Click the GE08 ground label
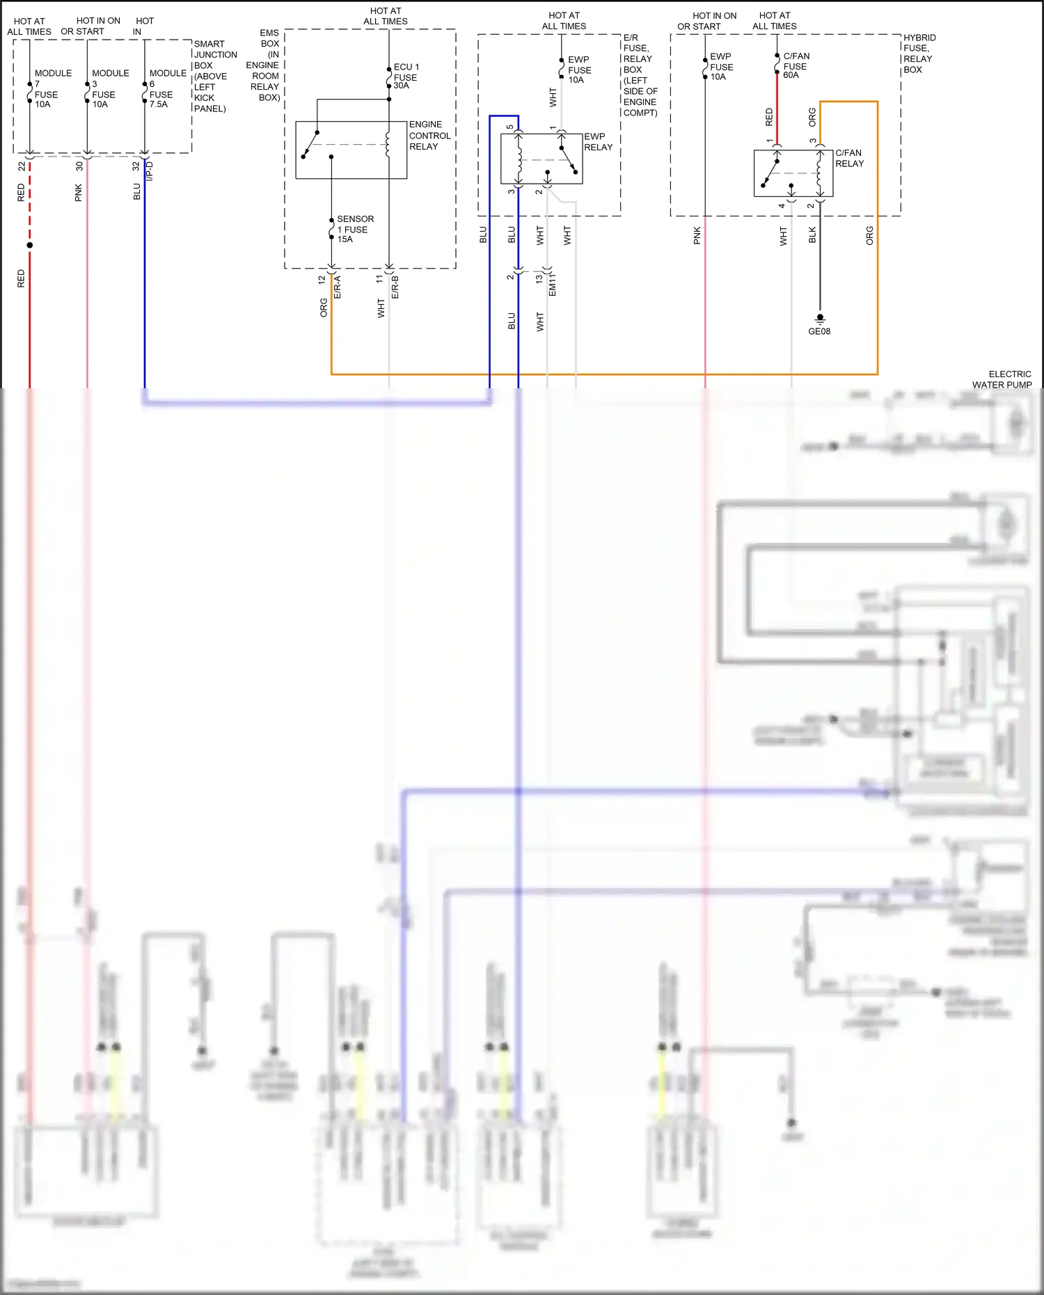[x=819, y=331]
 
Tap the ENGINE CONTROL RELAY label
[x=429, y=136]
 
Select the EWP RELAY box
[x=541, y=159]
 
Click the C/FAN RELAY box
[x=793, y=173]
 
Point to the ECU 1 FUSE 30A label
[x=406, y=77]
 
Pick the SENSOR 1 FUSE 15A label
[x=355, y=229]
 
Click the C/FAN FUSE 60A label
[x=796, y=65]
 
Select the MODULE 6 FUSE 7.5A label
[x=167, y=88]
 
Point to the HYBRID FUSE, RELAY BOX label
[x=919, y=54]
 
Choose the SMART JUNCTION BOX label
[x=215, y=76]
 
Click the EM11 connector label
[x=553, y=285]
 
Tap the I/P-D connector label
[x=150, y=172]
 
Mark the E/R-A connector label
[x=338, y=287]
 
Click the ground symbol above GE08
[x=820, y=319]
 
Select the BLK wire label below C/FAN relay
[x=812, y=235]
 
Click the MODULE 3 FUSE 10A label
[x=110, y=88]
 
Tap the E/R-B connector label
[x=395, y=287]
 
